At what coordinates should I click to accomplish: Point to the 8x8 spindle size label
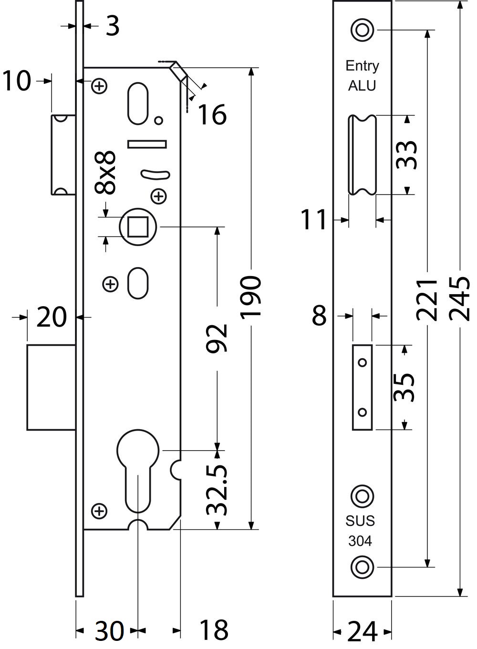point(105,173)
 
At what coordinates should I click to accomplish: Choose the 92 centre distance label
point(217,338)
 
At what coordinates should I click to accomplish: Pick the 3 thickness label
point(112,26)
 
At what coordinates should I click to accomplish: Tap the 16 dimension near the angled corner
point(212,114)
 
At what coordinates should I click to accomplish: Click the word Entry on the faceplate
point(362,66)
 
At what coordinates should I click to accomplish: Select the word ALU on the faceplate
point(362,86)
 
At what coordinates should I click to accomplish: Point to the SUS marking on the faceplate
point(361,521)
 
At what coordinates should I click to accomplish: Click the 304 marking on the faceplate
point(361,541)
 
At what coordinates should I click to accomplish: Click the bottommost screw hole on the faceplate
point(362,567)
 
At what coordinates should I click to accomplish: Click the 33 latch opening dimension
point(408,155)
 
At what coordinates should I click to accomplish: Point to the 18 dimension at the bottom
point(213,631)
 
